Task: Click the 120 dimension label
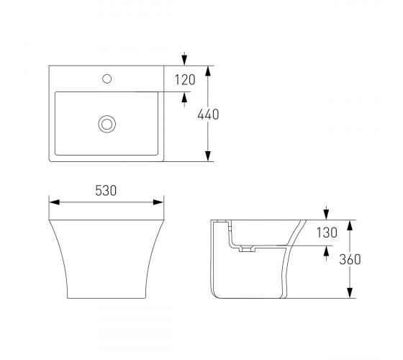[185, 80]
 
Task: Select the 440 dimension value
[208, 114]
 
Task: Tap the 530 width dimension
[106, 191]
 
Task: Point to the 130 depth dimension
[327, 233]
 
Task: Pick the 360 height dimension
[350, 259]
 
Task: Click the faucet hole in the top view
[107, 78]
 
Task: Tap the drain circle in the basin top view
[107, 124]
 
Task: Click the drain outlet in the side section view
[247, 249]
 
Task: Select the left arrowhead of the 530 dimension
[55, 202]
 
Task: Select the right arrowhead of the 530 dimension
[158, 202]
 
